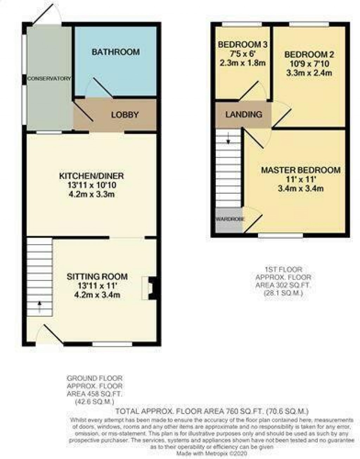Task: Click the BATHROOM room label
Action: pyautogui.click(x=115, y=52)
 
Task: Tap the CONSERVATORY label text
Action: pyautogui.click(x=50, y=78)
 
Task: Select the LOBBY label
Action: pyautogui.click(x=125, y=115)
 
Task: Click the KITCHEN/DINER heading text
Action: pyautogui.click(x=91, y=176)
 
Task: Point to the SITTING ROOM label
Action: pyautogui.click(x=97, y=277)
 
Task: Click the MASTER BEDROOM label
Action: pyautogui.click(x=301, y=170)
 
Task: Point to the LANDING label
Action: pyautogui.click(x=244, y=114)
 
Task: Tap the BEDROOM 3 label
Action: pyautogui.click(x=243, y=45)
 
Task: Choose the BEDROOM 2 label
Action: pyautogui.click(x=309, y=54)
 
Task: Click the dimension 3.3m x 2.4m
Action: pyautogui.click(x=309, y=73)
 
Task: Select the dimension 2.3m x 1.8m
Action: pyautogui.click(x=243, y=63)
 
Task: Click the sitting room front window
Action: pyautogui.click(x=112, y=344)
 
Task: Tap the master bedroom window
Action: pyautogui.click(x=281, y=236)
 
